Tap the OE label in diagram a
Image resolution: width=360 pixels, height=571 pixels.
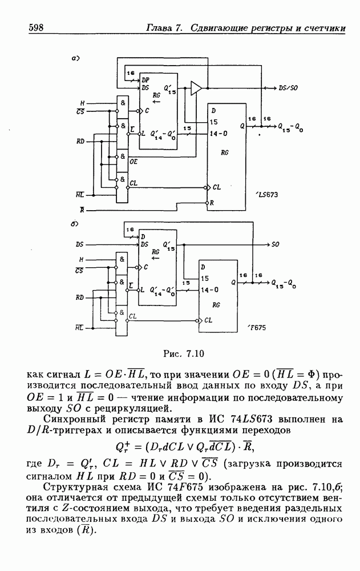pyautogui.click(x=134, y=162)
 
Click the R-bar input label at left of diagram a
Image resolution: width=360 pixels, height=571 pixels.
pyautogui.click(x=82, y=210)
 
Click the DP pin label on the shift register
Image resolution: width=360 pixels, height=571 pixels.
pyautogui.click(x=145, y=81)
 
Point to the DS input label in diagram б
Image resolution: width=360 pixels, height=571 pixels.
pyautogui.click(x=79, y=244)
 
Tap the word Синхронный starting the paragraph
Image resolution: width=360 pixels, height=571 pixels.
pyautogui.click(x=71, y=420)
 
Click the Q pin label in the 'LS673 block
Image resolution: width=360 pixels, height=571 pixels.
pyautogui.click(x=242, y=125)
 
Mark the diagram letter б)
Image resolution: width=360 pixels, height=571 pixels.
pyautogui.click(x=74, y=224)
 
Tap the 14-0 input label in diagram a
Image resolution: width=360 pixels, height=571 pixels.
pyautogui.click(x=217, y=134)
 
